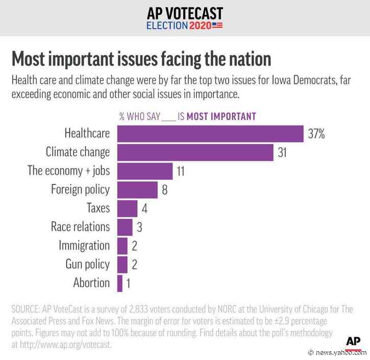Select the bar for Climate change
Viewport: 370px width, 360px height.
(195, 152)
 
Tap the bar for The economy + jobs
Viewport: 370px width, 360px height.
(144, 171)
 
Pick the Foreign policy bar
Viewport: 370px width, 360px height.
(137, 189)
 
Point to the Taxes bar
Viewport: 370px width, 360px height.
(127, 208)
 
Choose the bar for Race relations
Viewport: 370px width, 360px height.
(125, 227)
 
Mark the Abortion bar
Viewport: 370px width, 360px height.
(120, 283)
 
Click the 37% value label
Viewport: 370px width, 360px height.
(316, 134)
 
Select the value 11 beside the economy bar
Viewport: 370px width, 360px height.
(180, 172)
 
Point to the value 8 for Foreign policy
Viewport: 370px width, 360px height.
(165, 190)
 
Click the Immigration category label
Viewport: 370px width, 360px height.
(84, 246)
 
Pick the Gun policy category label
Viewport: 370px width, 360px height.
(87, 264)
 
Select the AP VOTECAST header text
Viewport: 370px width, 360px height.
(185, 13)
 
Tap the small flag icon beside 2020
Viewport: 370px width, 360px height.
(217, 25)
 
